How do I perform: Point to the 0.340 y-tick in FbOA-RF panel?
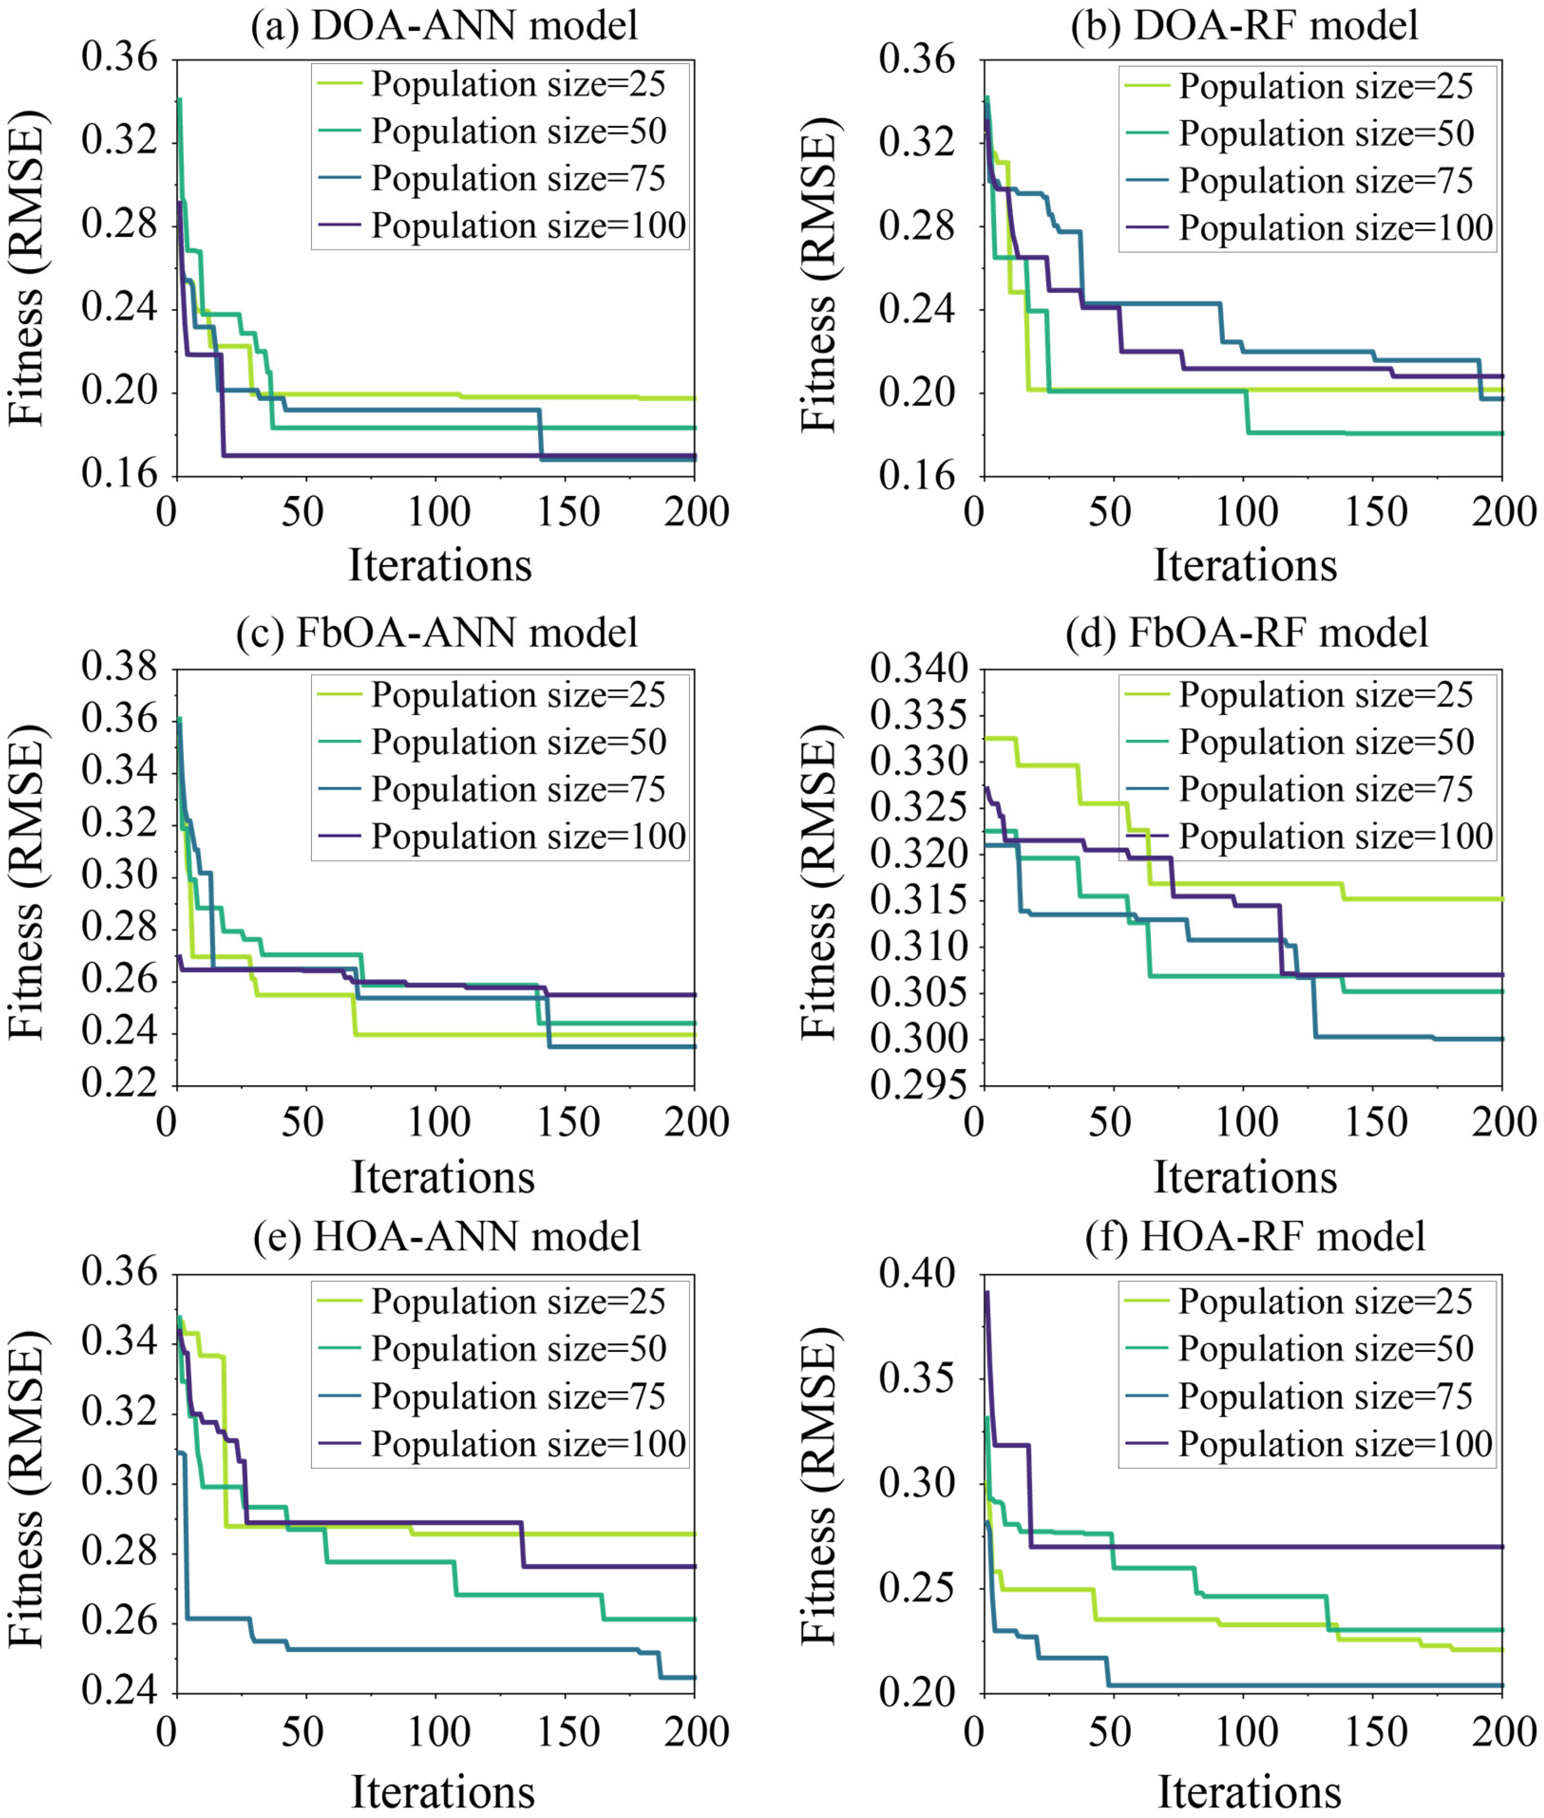tap(908, 670)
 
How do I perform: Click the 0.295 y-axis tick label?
tap(908, 1086)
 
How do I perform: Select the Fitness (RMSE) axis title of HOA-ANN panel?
tap(26, 1489)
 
